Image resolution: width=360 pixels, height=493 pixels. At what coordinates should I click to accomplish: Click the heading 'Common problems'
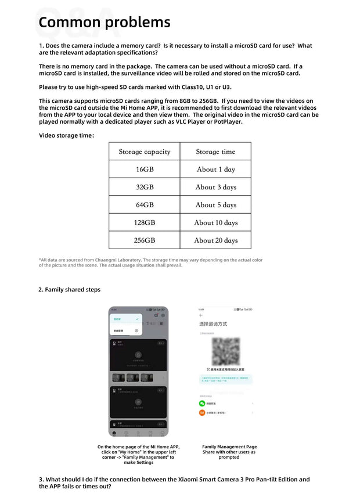pyautogui.click(x=105, y=23)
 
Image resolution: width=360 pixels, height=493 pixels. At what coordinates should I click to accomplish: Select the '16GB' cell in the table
pyautogui.click(x=145, y=170)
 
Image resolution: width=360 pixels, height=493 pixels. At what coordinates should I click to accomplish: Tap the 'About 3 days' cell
pyautogui.click(x=215, y=187)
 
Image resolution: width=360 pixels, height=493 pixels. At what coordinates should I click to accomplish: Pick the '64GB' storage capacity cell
pyautogui.click(x=145, y=205)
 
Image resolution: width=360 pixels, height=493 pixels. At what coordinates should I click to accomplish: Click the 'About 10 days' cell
pyautogui.click(x=215, y=222)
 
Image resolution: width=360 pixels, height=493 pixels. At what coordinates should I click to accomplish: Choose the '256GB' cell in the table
pyautogui.click(x=145, y=240)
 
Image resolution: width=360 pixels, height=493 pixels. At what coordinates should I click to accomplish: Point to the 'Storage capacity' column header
pyautogui.click(x=145, y=152)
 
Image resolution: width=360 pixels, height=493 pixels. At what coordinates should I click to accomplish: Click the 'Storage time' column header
pyautogui.click(x=215, y=152)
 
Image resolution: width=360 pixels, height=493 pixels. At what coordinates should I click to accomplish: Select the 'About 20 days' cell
pyautogui.click(x=215, y=240)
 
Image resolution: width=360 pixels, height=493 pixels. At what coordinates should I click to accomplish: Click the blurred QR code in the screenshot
pyautogui.click(x=225, y=351)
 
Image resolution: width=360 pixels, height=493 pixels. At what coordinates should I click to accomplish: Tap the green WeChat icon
pyautogui.click(x=202, y=403)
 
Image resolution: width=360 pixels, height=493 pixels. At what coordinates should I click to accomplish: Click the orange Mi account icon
pyautogui.click(x=202, y=413)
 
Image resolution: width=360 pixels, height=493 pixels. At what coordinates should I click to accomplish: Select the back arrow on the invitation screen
pyautogui.click(x=201, y=315)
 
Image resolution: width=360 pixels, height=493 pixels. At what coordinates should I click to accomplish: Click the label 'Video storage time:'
pyautogui.click(x=66, y=135)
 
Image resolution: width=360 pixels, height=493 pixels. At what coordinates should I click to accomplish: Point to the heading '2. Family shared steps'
pyautogui.click(x=70, y=290)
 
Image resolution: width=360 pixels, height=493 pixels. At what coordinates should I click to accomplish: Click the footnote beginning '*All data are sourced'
pyautogui.click(x=150, y=262)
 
